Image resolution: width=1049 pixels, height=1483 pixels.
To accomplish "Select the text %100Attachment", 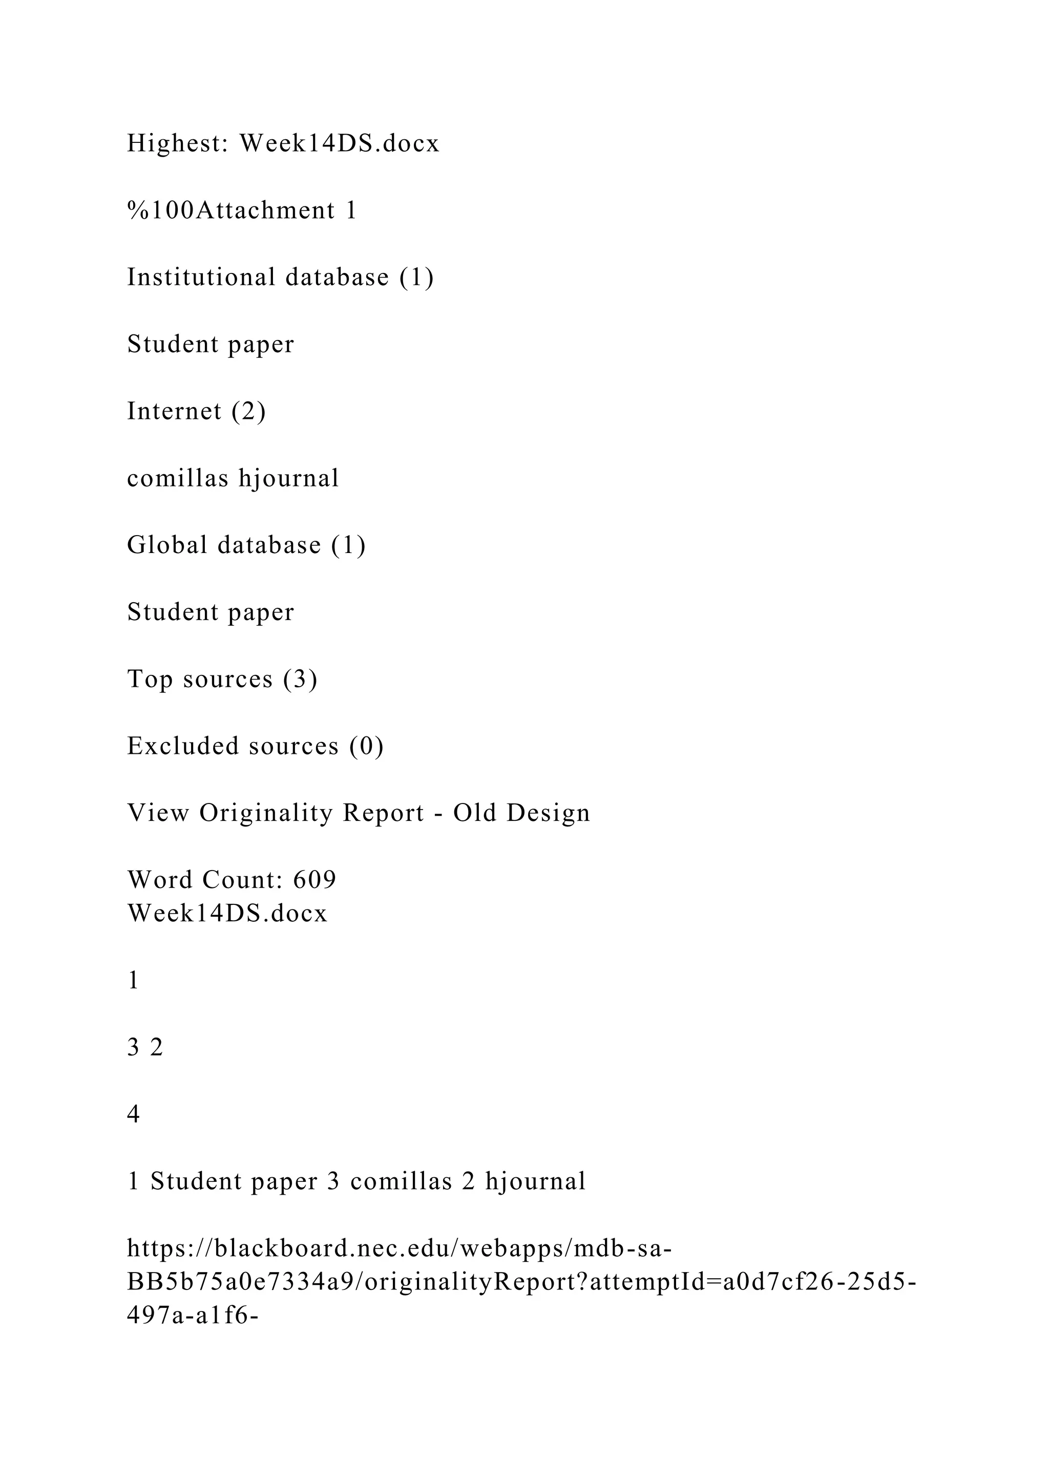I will tap(230, 210).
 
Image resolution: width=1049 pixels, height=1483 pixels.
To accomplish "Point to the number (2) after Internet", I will tap(249, 411).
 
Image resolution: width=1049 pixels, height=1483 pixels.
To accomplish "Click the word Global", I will tap(167, 544).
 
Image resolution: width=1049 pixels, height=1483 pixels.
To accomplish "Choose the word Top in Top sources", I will tap(150, 679).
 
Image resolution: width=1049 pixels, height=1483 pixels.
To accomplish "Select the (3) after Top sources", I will tap(300, 679).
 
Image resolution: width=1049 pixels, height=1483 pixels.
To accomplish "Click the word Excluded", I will tap(183, 746).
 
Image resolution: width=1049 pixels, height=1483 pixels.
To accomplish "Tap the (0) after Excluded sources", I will tap(367, 746).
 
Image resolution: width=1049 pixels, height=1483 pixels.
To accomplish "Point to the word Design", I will tap(549, 813).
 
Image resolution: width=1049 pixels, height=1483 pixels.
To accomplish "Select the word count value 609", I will tap(315, 880).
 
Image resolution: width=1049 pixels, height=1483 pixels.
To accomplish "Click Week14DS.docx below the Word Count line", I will tap(227, 914).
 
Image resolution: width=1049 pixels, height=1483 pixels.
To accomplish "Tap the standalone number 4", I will tap(134, 1114).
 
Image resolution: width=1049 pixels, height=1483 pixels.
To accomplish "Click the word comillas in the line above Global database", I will tap(178, 478).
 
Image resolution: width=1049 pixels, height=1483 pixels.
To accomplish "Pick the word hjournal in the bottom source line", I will tap(535, 1181).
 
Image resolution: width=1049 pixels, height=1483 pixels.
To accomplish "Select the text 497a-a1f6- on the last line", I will tap(193, 1316).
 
